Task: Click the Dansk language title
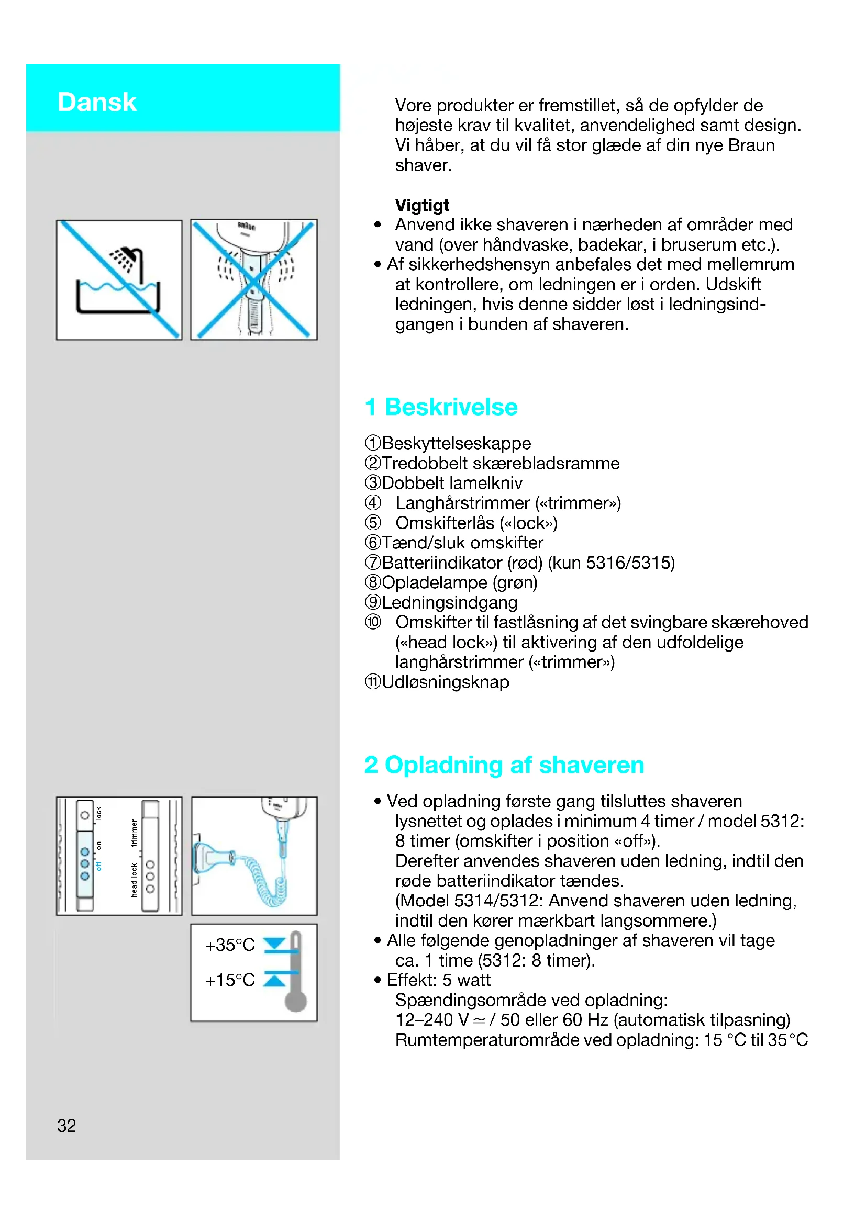(96, 102)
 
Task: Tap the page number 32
(66, 1125)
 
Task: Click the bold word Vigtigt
(422, 205)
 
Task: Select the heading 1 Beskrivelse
(441, 407)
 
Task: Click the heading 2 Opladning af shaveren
(504, 765)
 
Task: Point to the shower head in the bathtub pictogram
(128, 259)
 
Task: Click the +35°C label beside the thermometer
(230, 945)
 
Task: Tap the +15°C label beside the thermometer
(230, 980)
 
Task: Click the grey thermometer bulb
(295, 1001)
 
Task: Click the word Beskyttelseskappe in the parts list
(457, 443)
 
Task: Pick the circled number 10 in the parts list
(373, 622)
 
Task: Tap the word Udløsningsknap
(446, 682)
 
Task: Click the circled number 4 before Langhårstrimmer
(373, 502)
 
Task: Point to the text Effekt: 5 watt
(438, 980)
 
